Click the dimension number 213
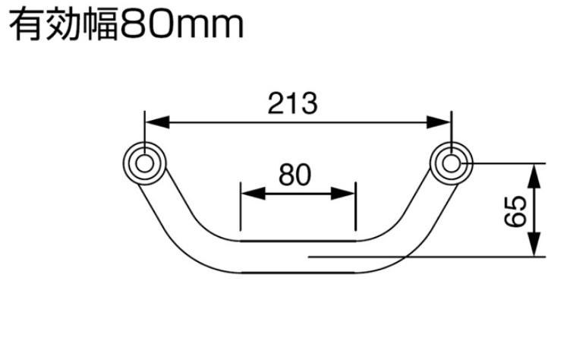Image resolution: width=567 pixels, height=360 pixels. tap(293, 103)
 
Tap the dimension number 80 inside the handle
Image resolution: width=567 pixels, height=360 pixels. tap(295, 175)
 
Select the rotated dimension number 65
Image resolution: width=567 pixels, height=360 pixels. tap(515, 211)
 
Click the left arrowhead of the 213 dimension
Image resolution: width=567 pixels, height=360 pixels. tap(157, 122)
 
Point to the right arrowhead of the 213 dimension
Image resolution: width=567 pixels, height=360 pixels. tap(439, 122)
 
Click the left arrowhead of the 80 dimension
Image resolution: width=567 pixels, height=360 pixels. tap(253, 194)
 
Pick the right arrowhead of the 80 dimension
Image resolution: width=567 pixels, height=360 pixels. tap(344, 194)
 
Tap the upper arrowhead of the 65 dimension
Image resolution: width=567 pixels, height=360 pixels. tap(534, 175)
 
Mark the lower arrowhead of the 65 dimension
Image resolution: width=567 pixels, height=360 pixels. tap(534, 245)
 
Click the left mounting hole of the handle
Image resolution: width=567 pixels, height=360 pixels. tap(144, 163)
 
